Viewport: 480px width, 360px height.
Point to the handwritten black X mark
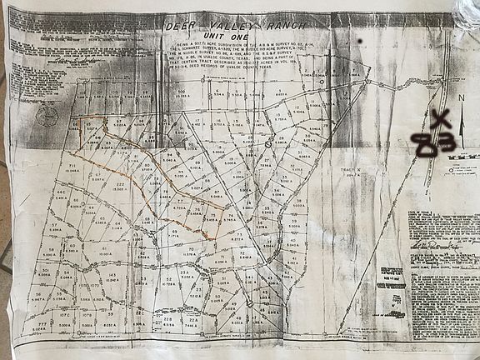(x=442, y=120)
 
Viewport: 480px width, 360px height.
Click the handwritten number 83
(x=436, y=146)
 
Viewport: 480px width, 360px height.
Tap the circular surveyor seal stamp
(x=47, y=116)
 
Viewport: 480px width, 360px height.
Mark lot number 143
(x=112, y=275)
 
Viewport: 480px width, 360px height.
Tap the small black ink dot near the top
(x=358, y=40)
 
